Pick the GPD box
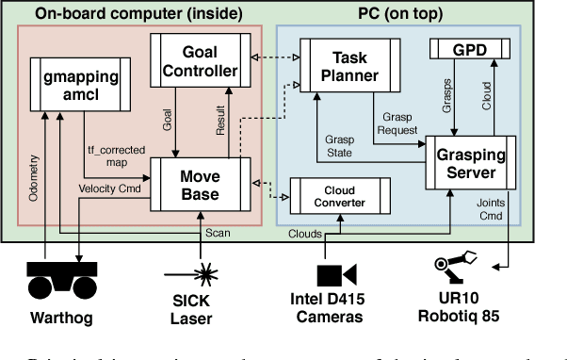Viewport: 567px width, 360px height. pyautogui.click(x=469, y=47)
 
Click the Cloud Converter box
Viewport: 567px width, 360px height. pyautogui.click(x=334, y=194)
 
